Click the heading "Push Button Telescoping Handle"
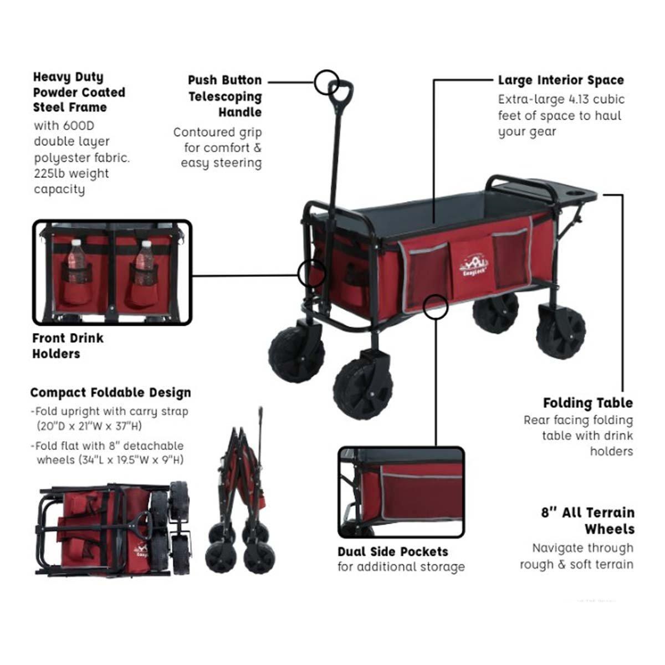[224, 96]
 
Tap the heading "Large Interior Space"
[561, 80]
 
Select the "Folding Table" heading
[588, 403]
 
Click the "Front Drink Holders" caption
[68, 346]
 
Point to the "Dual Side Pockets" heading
[393, 551]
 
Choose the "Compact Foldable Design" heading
[110, 392]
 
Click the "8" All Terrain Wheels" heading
[588, 521]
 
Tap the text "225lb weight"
[71, 173]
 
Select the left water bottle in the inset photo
[76, 261]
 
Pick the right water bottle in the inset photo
[144, 263]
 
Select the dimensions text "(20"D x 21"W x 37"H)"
[89, 426]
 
